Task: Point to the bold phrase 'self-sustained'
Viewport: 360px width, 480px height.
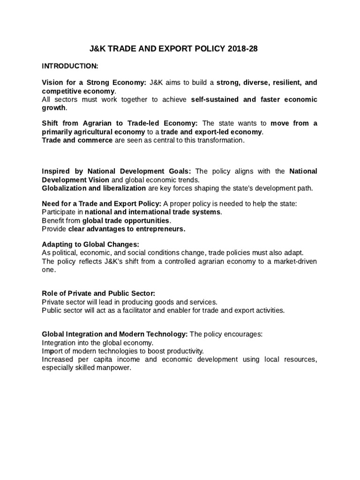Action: pos(215,99)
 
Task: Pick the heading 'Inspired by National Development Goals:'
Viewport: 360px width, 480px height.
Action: pos(117,171)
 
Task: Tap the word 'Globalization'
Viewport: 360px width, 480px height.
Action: pos(66,188)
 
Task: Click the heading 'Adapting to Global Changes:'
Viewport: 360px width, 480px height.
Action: pos(91,244)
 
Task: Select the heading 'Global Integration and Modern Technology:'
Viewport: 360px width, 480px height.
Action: pos(115,335)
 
